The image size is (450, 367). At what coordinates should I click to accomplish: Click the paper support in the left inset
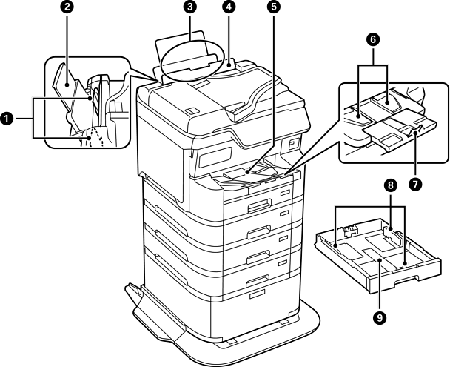pyautogui.click(x=66, y=82)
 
